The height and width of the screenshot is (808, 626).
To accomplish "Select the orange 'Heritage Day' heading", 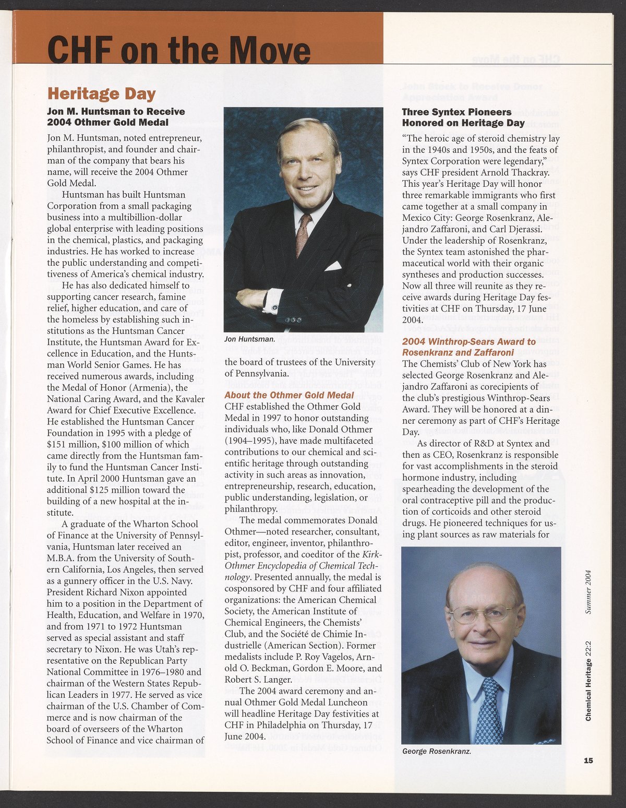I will click(101, 94).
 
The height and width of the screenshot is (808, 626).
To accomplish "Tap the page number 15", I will click(588, 761).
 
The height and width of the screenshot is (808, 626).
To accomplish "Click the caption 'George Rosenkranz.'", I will click(437, 752).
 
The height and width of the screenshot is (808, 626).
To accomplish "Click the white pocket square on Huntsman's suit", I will click(333, 266).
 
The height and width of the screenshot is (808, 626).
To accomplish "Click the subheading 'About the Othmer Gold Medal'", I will click(289, 395).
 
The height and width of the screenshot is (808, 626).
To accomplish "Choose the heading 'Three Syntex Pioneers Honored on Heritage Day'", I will click(463, 117).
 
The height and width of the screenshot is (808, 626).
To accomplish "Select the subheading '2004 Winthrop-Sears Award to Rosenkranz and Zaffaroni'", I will click(468, 347).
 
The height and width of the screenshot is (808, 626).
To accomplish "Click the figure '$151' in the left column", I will click(56, 444).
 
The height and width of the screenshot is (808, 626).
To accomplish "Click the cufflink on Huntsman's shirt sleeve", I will click(273, 308).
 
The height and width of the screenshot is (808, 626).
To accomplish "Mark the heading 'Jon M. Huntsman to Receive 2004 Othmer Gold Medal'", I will click(116, 117).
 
